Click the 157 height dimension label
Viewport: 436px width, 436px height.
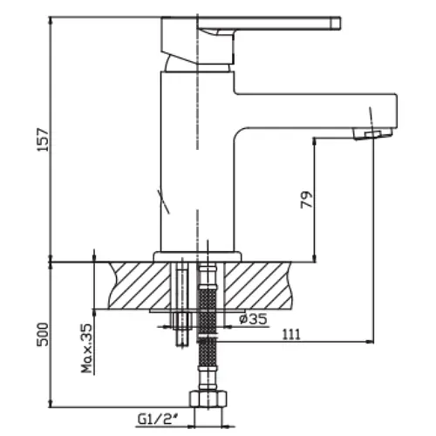[43, 140]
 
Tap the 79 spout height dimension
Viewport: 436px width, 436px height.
[307, 200]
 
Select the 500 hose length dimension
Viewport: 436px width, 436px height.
[43, 334]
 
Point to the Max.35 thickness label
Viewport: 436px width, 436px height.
[86, 348]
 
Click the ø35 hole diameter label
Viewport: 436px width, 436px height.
[253, 319]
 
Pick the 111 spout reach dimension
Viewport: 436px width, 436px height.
[291, 334]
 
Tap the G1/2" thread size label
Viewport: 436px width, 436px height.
[159, 419]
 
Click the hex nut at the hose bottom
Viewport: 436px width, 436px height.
[208, 399]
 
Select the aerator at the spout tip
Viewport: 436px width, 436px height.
[372, 134]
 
